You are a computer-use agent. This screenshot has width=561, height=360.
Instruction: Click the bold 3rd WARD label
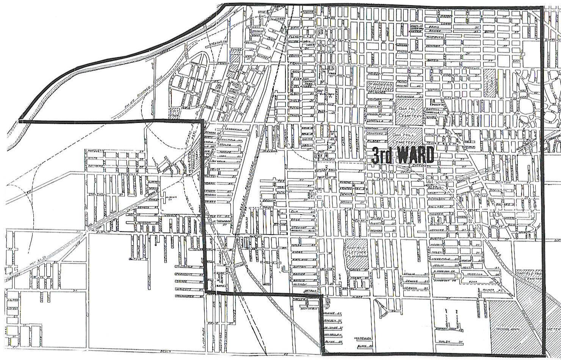[402, 155]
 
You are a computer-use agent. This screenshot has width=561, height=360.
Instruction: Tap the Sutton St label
[299, 267]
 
